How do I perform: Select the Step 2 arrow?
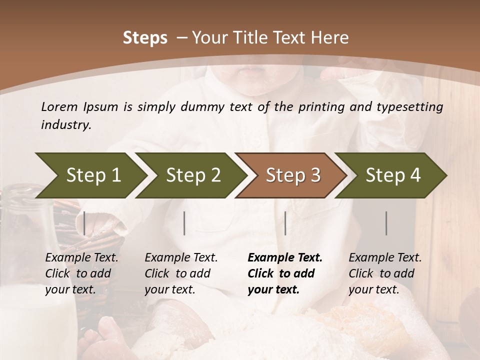tap(192, 175)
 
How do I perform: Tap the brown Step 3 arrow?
tap(292, 175)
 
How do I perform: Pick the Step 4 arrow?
tap(393, 175)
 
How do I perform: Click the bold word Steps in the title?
tap(145, 38)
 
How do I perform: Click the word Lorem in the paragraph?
tap(59, 106)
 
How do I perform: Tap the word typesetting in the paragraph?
tap(409, 106)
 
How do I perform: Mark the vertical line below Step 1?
tap(84, 223)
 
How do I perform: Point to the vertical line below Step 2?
tap(184, 223)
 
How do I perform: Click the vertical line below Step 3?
tap(285, 223)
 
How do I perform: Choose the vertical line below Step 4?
tap(386, 223)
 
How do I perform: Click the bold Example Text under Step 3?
tap(285, 258)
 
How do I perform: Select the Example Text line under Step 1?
tap(81, 258)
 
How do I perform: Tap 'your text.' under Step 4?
tap(374, 289)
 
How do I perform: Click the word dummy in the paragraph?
tap(198, 106)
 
